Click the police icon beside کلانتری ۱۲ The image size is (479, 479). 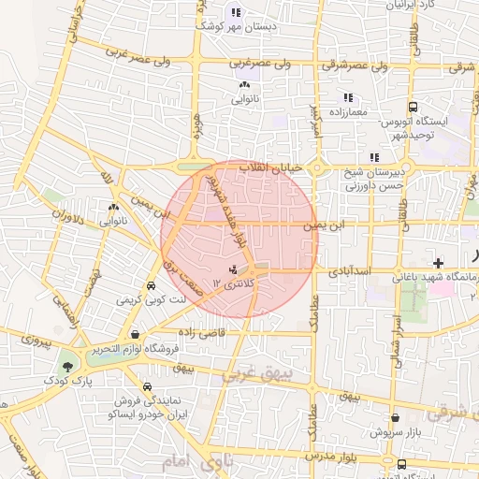233,270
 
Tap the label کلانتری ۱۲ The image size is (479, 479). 230,283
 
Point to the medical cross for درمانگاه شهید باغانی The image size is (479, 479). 439,264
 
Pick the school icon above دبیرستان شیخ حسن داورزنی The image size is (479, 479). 373,157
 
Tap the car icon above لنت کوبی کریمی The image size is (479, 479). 151,287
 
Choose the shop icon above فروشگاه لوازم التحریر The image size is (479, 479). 137,334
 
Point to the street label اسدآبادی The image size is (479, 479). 351,271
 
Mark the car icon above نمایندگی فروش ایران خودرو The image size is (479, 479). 148,386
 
